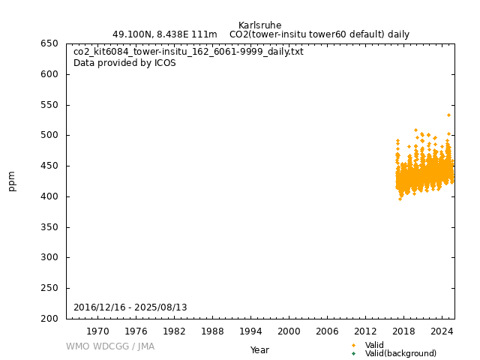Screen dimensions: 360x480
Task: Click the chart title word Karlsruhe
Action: click(259, 25)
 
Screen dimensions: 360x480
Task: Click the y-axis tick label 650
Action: click(49, 43)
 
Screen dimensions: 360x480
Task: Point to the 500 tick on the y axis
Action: click(49, 135)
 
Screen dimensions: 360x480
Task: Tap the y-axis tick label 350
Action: click(49, 227)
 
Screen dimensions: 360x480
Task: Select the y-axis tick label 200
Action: click(49, 319)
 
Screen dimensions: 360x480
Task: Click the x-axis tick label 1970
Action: click(97, 331)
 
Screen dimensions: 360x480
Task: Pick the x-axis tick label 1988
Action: click(212, 331)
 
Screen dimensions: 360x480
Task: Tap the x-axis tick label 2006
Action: click(327, 331)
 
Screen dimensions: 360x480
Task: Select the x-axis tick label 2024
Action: click(442, 331)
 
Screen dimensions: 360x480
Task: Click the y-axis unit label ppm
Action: click(12, 181)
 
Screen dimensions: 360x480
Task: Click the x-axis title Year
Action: click(259, 350)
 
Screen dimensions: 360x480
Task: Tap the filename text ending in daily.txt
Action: click(188, 52)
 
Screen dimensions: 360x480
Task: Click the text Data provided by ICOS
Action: click(124, 63)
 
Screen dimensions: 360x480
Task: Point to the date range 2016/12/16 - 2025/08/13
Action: click(130, 307)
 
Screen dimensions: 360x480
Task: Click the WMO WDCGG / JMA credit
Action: click(110, 346)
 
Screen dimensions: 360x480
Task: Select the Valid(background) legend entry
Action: click(400, 353)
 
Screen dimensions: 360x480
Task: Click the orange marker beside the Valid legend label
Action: click(353, 345)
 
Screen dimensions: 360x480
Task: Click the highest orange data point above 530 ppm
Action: click(448, 115)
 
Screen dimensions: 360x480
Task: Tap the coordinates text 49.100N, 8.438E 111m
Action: click(164, 34)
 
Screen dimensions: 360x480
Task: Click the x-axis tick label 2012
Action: click(365, 331)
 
